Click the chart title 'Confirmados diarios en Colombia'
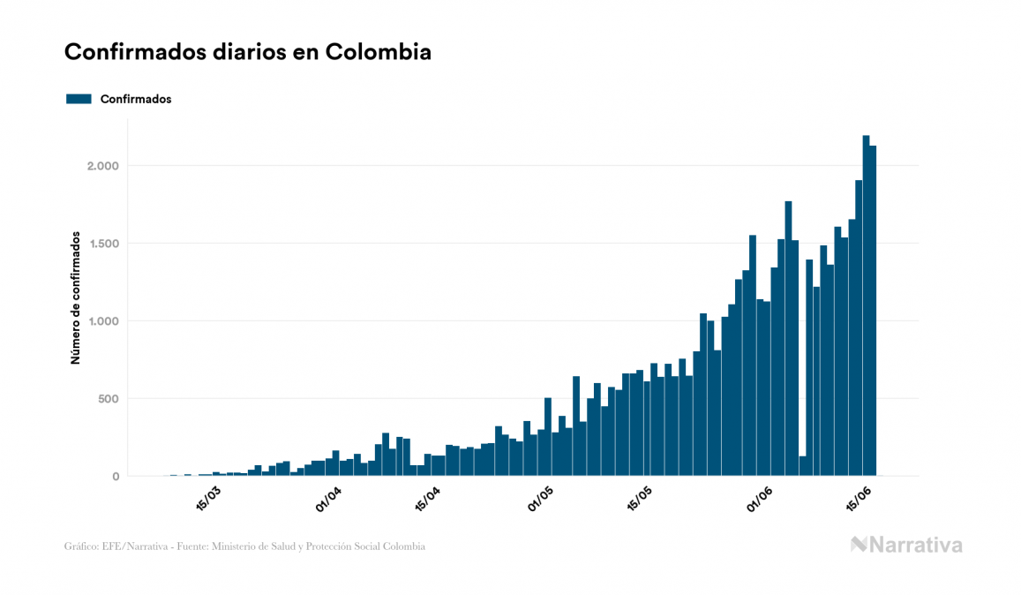coord(248,52)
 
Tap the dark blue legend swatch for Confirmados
coord(79,99)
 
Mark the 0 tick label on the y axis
coord(115,477)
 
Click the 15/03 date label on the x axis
coord(209,497)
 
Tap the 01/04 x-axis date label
coord(328,497)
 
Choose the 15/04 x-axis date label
coord(429,497)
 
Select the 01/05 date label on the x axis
coord(540,497)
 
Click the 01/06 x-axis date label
coord(760,497)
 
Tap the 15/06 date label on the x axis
coord(860,497)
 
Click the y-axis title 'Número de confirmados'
coord(76,298)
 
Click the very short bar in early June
coord(803,466)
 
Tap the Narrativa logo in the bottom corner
coord(906,545)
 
